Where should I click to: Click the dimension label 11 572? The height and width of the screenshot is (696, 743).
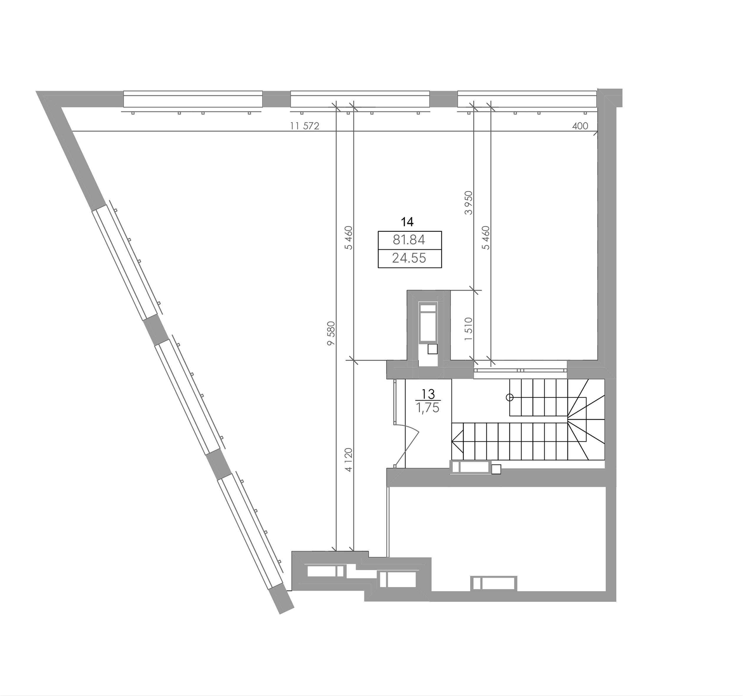pos(305,126)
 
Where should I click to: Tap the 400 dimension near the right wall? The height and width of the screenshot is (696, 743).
pos(580,126)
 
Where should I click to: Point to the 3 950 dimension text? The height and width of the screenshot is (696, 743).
pos(468,203)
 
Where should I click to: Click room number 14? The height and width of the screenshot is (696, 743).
pos(407,222)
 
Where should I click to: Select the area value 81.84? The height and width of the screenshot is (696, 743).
pos(409,240)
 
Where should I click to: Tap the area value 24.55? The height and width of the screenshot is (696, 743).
pos(409,258)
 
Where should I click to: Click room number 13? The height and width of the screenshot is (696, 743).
pos(428,394)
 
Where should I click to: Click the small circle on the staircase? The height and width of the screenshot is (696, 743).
pos(509,397)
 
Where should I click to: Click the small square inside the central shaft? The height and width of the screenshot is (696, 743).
pos(432,349)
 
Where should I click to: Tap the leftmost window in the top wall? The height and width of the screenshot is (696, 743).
pos(193,99)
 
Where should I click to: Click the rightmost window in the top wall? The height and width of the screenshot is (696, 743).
pos(527,99)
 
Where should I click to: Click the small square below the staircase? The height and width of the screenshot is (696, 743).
pos(496,469)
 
